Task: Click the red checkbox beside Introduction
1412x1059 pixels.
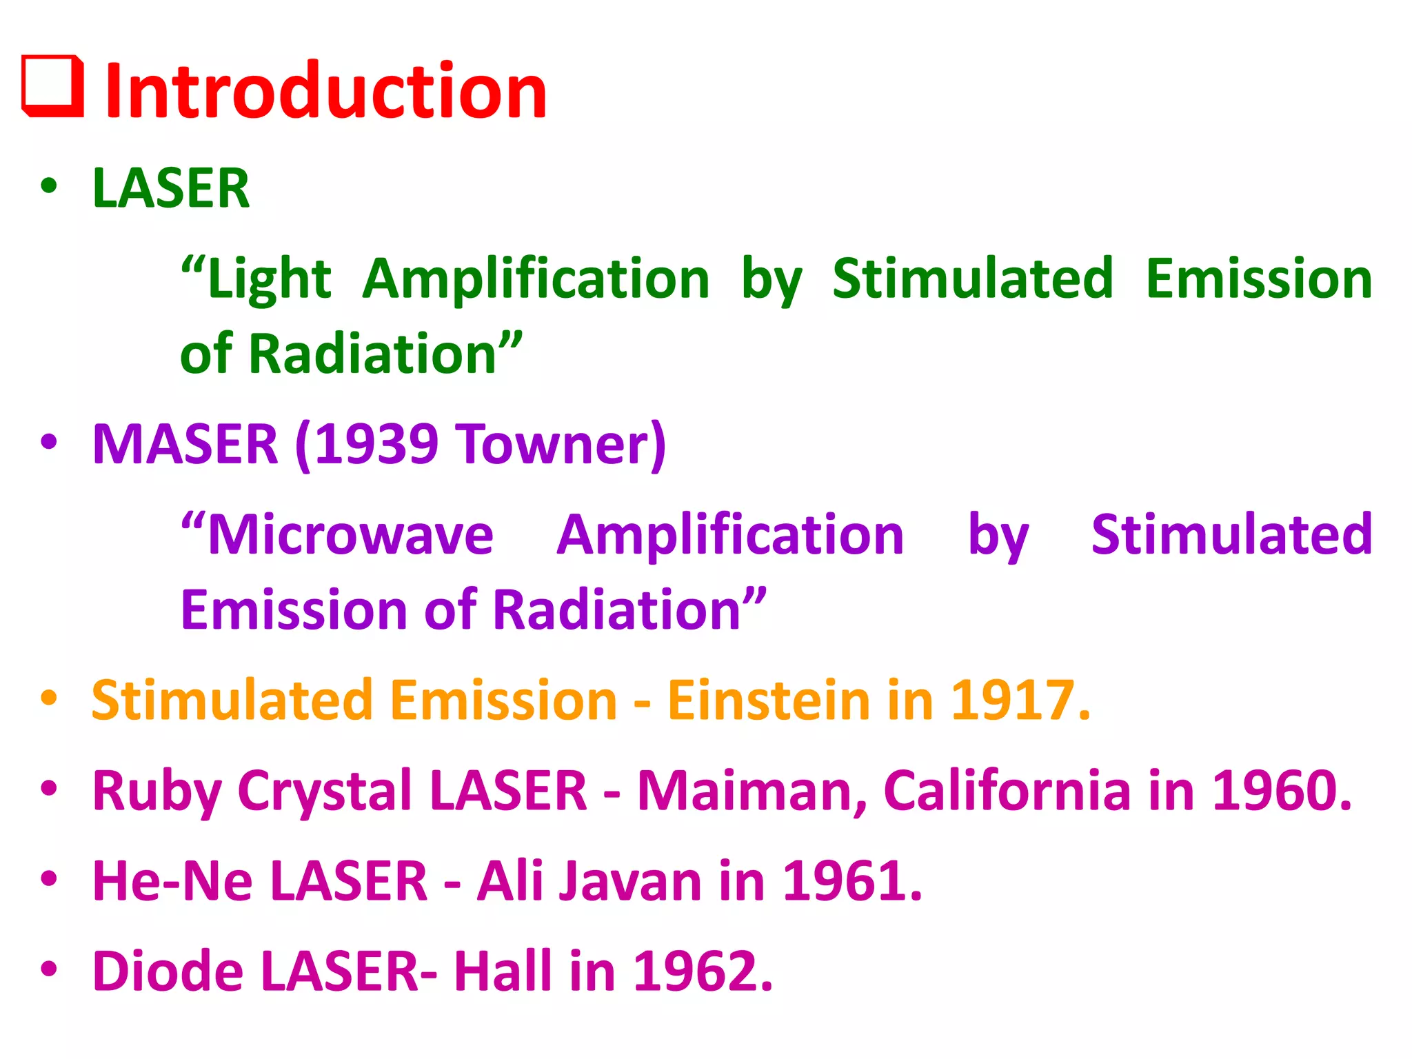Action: (x=53, y=87)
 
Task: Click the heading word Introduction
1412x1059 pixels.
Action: (x=325, y=91)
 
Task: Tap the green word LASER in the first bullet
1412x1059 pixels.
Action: (x=171, y=188)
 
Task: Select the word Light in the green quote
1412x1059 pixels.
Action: (x=269, y=279)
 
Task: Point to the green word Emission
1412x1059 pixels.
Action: (x=1259, y=279)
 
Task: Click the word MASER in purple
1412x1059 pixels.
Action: (x=185, y=444)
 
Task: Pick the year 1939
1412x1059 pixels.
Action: (x=376, y=444)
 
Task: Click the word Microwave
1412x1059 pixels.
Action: (x=350, y=535)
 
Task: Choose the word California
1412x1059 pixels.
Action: (x=1007, y=791)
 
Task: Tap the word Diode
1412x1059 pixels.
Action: (x=168, y=971)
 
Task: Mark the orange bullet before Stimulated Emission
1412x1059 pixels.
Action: (x=49, y=698)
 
